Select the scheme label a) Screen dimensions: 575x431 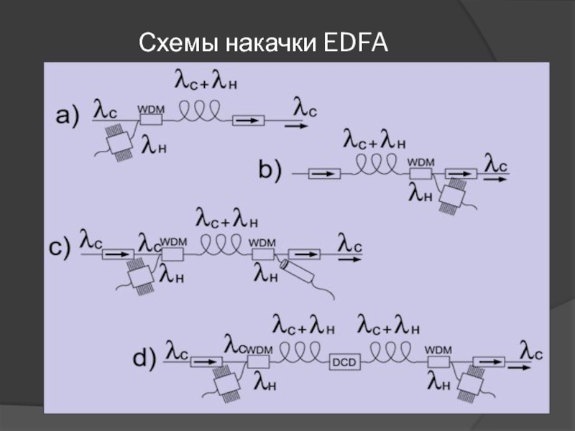(66, 116)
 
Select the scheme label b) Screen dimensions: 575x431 (271, 170)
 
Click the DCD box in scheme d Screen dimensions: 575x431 (341, 362)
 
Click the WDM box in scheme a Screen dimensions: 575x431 (151, 119)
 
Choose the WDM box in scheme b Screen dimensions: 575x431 (420, 173)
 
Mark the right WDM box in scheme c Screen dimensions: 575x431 (262, 254)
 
